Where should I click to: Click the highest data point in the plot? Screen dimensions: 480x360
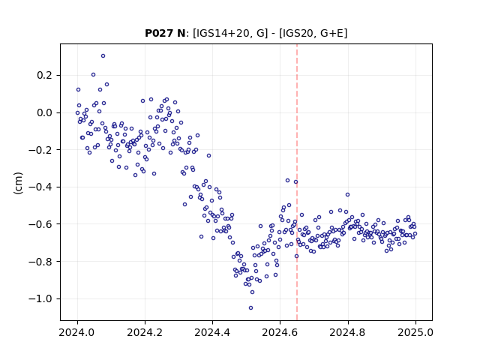(x=103, y=56)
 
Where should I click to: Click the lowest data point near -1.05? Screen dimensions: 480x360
(x=250, y=308)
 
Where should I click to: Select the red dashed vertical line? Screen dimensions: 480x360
(x=297, y=182)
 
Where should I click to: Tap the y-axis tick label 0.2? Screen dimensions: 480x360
(x=45, y=75)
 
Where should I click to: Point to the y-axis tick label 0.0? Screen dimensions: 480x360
(x=45, y=112)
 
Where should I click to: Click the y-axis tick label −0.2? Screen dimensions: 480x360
(x=40, y=150)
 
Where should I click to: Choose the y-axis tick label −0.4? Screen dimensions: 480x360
(x=40, y=187)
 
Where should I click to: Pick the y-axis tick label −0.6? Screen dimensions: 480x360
(x=40, y=224)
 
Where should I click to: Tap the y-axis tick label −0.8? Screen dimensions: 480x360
(x=40, y=262)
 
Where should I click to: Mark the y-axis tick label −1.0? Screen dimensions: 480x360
(x=40, y=298)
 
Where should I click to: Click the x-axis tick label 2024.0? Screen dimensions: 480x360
(x=77, y=332)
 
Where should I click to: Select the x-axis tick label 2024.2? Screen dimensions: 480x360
(x=145, y=332)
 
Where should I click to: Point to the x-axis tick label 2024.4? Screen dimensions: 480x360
(x=212, y=332)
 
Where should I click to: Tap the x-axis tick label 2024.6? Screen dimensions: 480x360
(x=280, y=332)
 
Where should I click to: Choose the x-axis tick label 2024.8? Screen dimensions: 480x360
(x=347, y=332)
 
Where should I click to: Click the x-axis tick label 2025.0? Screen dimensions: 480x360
(x=415, y=332)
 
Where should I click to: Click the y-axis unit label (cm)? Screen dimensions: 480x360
(x=18, y=183)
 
